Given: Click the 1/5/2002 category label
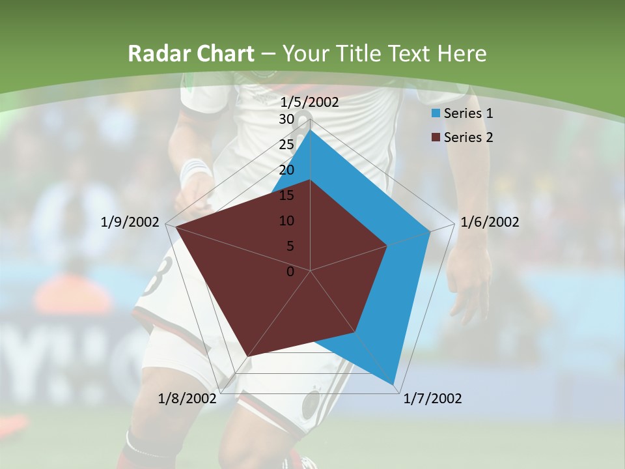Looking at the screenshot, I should (309, 102).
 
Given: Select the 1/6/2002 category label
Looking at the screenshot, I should (490, 222).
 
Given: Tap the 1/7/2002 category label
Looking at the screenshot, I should (433, 399).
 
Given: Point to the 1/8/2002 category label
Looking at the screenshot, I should (187, 399).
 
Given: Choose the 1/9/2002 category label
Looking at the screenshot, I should (130, 222).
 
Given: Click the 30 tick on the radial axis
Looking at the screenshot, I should (286, 119).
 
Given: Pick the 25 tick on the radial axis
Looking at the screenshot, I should (286, 145).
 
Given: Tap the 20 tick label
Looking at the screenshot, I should (286, 170).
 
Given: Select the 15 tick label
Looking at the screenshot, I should (286, 195).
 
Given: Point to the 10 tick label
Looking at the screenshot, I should (286, 221).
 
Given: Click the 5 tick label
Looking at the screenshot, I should (290, 246).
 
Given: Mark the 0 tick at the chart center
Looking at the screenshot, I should (290, 272).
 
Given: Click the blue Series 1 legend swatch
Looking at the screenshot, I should (436, 113).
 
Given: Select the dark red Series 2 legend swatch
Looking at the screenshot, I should (436, 137).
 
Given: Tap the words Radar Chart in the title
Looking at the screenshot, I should (191, 53).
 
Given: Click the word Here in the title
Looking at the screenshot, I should (462, 53).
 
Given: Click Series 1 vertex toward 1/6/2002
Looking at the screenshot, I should (430, 231).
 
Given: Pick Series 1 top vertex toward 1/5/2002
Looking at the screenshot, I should (310, 129).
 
